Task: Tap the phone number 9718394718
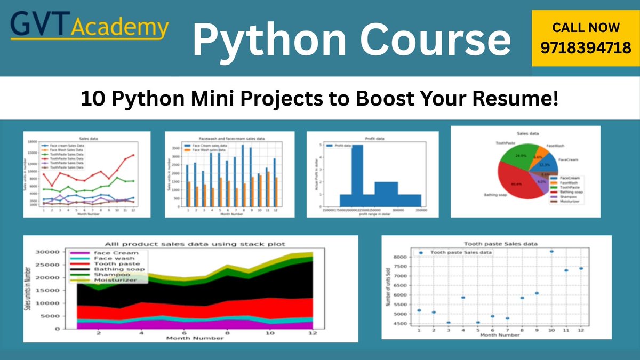(586, 49)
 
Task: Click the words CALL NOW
(586, 27)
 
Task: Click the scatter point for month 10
(551, 251)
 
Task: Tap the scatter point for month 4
(463, 298)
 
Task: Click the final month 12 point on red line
(133, 155)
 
